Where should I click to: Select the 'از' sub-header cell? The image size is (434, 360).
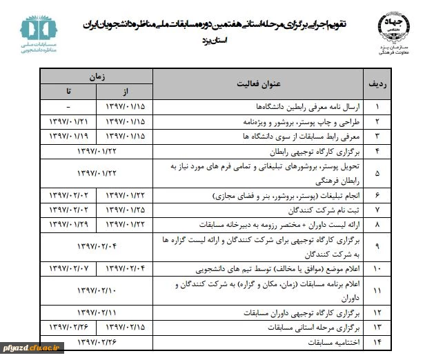coord(125,92)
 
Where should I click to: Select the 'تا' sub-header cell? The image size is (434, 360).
coord(68,92)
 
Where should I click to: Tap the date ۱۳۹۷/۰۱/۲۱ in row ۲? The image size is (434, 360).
coord(68,121)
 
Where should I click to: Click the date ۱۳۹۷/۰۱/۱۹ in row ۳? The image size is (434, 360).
coord(68,135)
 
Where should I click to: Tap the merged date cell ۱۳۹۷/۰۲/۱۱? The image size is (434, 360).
coord(97,312)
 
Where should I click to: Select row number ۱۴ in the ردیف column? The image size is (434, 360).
coord(377,341)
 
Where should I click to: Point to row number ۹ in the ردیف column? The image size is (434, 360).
coord(377,245)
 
